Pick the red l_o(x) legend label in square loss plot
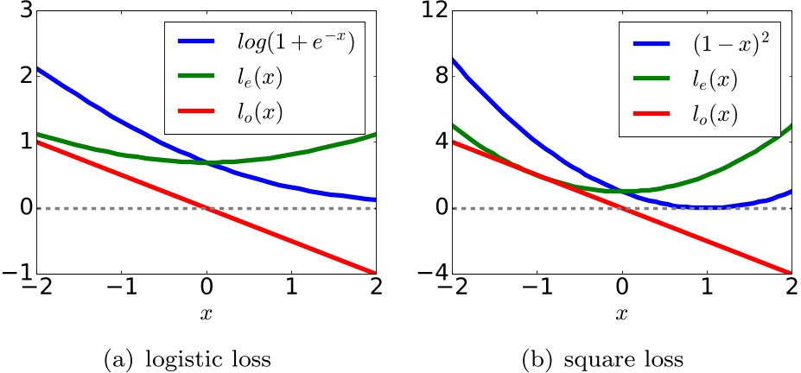[x=682, y=115]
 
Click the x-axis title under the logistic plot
[x=206, y=314]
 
